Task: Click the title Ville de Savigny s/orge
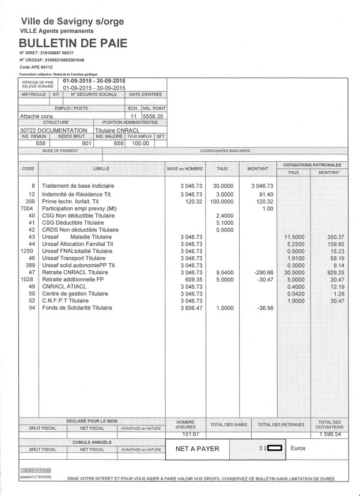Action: pyautogui.click(x=72, y=21)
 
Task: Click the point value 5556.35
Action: pyautogui.click(x=153, y=116)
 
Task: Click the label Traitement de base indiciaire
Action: pyautogui.click(x=78, y=186)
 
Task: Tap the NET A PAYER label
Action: pyautogui.click(x=193, y=448)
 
